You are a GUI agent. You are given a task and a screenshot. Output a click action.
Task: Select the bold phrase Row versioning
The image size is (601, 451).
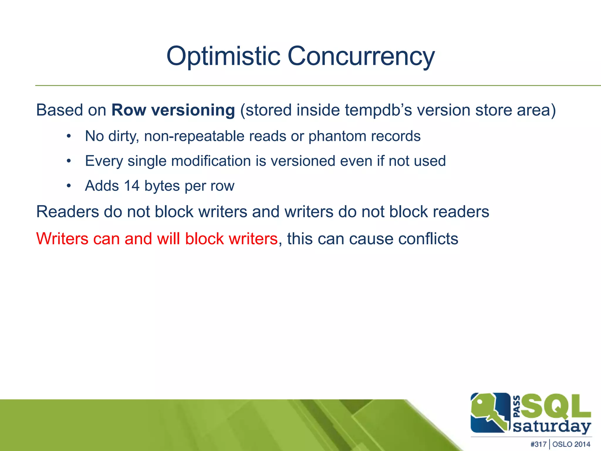click(173, 110)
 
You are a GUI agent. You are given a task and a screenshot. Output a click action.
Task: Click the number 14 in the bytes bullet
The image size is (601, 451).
click(131, 186)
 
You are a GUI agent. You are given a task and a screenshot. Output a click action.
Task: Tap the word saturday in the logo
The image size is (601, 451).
click(552, 426)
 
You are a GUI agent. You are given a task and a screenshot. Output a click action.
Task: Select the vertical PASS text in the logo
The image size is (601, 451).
click(517, 406)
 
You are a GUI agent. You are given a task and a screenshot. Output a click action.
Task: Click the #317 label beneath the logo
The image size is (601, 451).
click(538, 444)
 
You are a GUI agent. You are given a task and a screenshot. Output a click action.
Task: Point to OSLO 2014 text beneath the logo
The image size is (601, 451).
click(571, 444)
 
